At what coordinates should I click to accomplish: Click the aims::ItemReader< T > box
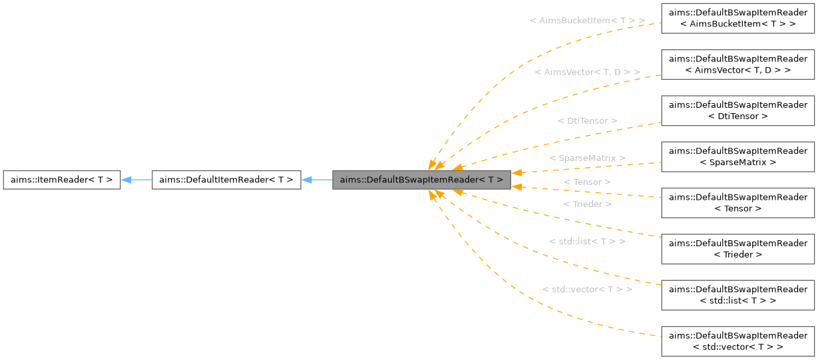(x=61, y=180)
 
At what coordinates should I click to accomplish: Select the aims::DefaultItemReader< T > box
(x=226, y=180)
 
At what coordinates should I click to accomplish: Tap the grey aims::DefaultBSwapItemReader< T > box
(x=421, y=180)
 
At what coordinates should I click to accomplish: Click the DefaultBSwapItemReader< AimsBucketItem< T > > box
(x=737, y=19)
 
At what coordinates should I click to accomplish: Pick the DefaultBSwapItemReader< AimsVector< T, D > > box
(x=737, y=65)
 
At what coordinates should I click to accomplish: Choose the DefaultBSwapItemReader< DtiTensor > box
(x=737, y=110)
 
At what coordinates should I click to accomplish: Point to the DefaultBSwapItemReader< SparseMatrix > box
(x=737, y=156)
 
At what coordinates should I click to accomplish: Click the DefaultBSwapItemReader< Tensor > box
(x=737, y=202)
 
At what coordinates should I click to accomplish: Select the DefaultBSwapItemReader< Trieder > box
(x=737, y=248)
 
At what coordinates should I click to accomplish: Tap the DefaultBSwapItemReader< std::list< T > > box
(x=737, y=295)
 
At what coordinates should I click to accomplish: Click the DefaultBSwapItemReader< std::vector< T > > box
(x=737, y=341)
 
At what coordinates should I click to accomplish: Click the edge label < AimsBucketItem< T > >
(x=587, y=21)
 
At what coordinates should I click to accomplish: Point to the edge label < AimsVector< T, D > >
(x=587, y=71)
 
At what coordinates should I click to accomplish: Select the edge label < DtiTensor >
(x=587, y=120)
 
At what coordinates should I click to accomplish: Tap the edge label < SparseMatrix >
(x=587, y=158)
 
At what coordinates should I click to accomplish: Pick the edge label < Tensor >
(x=587, y=182)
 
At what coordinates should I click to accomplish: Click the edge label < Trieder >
(x=587, y=204)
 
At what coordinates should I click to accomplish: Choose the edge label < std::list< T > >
(x=587, y=241)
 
